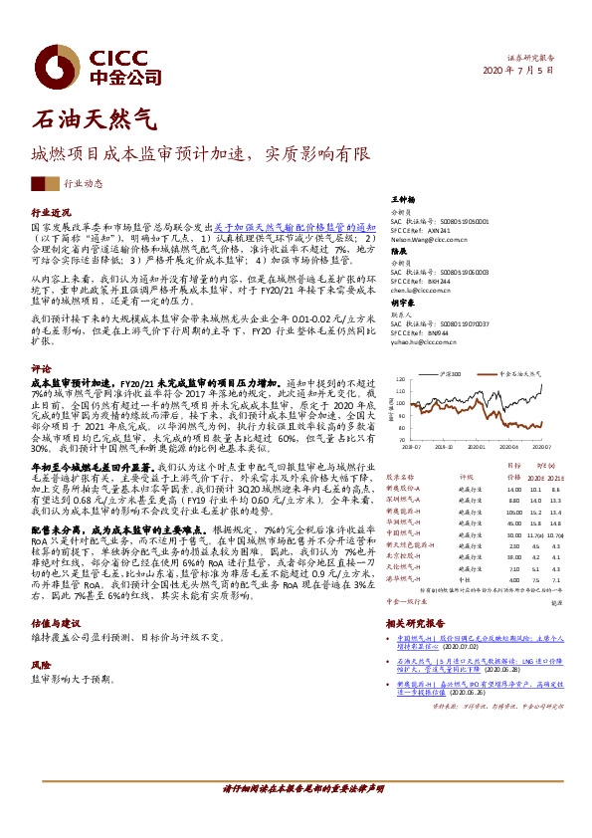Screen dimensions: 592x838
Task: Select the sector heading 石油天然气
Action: pos(95,121)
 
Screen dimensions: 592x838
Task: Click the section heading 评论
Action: pos(42,367)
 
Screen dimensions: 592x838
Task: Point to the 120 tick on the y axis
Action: pos(400,379)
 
